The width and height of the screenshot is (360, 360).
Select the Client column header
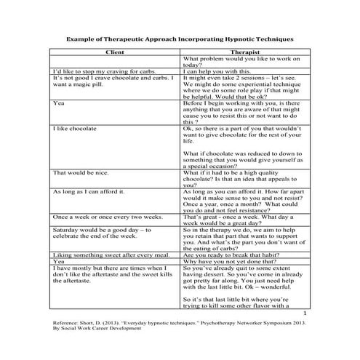[115, 52]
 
